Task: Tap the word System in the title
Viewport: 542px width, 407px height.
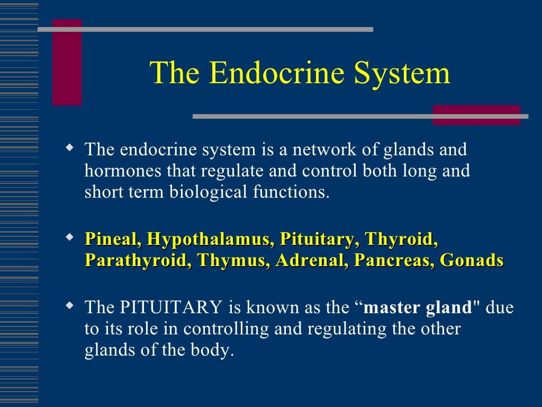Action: click(402, 74)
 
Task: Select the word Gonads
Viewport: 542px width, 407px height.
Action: click(472, 261)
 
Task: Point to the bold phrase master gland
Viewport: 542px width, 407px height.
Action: click(419, 307)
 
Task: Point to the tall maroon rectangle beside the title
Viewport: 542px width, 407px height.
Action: click(67, 62)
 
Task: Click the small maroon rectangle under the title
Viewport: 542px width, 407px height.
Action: click(476, 115)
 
